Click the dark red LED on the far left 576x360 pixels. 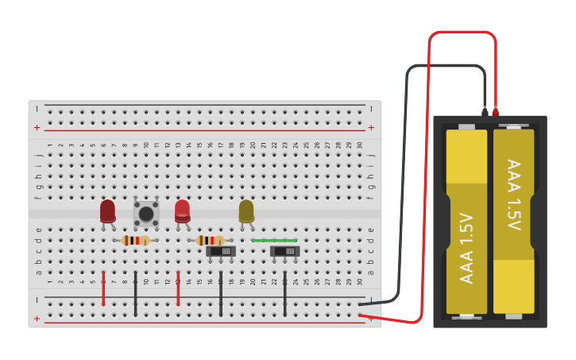pyautogui.click(x=107, y=211)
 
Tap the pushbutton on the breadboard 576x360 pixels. pyautogui.click(x=146, y=213)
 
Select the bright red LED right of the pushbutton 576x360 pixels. pyautogui.click(x=182, y=211)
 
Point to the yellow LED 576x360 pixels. pyautogui.click(x=246, y=211)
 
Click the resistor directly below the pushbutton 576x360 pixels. pyautogui.click(x=136, y=240)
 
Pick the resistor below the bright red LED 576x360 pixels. pyautogui.click(x=211, y=240)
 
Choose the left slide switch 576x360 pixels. pyautogui.click(x=221, y=251)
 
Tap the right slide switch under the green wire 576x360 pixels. pyautogui.click(x=284, y=251)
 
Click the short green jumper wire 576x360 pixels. pyautogui.click(x=274, y=240)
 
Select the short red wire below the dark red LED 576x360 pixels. pyautogui.click(x=103, y=288)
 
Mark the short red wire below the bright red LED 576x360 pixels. pyautogui.click(x=178, y=288)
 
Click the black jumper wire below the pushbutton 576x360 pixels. pyautogui.click(x=136, y=294)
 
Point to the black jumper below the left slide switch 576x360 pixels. pyautogui.click(x=221, y=294)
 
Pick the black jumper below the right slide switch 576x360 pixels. pyautogui.click(x=285, y=294)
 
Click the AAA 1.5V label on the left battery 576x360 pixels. pyautogui.click(x=466, y=248)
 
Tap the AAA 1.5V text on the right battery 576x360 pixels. pyautogui.click(x=514, y=195)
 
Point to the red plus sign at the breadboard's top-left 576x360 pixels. pyautogui.click(x=37, y=127)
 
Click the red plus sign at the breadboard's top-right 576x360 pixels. pyautogui.click(x=371, y=127)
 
